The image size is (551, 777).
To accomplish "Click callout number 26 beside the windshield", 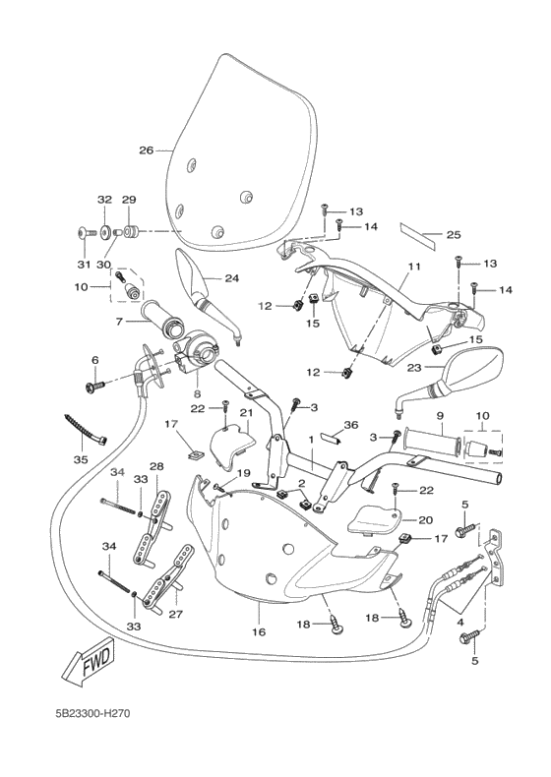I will click(146, 150).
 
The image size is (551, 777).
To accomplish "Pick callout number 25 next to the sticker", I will click(455, 235).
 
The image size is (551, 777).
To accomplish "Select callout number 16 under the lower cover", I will click(259, 631).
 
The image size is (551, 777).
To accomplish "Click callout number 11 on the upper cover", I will click(414, 268).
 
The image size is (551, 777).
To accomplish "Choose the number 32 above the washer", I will click(105, 200).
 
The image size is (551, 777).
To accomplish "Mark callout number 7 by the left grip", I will click(119, 322).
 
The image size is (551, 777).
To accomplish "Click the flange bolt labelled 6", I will click(95, 387).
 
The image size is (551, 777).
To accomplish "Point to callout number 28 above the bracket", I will click(155, 466).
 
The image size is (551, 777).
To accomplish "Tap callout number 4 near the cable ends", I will click(461, 622).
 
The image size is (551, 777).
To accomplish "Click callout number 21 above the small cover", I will click(247, 413).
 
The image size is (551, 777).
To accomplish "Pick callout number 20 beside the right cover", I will click(426, 520).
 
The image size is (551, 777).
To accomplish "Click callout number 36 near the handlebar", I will click(351, 425).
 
